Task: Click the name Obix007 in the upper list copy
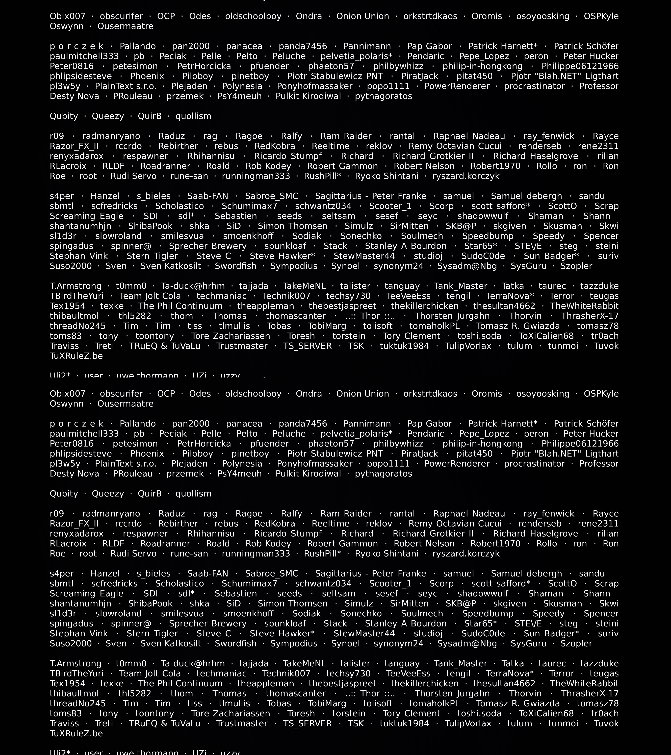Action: tap(68, 16)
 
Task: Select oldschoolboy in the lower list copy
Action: tap(253, 394)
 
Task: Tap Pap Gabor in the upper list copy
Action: tap(429, 46)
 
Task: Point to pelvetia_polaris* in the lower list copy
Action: tap(356, 434)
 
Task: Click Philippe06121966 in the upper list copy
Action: tap(580, 66)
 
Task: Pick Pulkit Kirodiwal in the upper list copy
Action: tap(308, 96)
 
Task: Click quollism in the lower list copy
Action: tap(194, 493)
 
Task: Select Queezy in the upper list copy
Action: tap(108, 116)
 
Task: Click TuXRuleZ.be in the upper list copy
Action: tap(76, 356)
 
